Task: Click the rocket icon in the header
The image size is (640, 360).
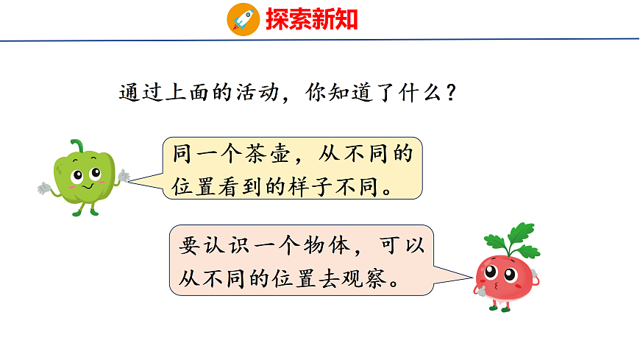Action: point(242,18)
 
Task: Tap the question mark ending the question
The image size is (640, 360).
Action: point(454,93)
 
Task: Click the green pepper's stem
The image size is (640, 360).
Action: point(77,144)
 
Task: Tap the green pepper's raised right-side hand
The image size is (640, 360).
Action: point(124,176)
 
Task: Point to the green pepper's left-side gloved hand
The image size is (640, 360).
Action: point(44,188)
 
